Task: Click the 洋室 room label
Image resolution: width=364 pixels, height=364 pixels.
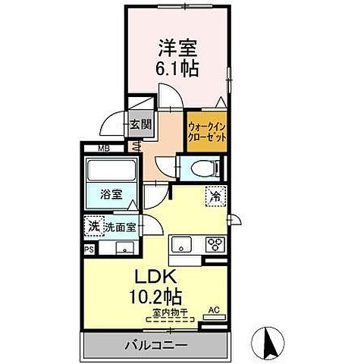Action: coord(178,48)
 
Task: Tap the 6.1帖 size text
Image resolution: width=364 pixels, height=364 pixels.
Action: coord(178,68)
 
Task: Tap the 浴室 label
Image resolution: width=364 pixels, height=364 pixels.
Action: coord(111,193)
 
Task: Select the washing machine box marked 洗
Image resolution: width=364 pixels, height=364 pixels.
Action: coord(94,225)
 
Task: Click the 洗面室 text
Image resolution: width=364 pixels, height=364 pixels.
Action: coord(120,226)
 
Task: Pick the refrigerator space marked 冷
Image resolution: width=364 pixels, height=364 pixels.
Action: coord(215,196)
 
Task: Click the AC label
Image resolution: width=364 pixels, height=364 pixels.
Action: coord(213,309)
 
